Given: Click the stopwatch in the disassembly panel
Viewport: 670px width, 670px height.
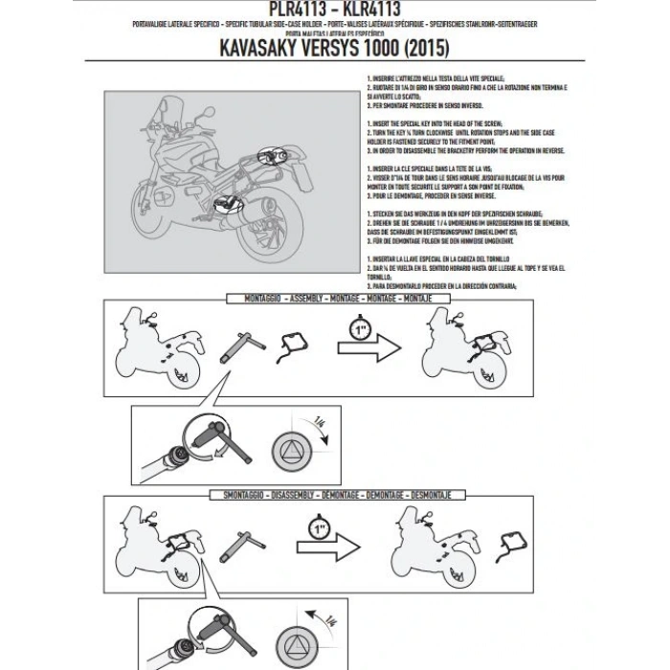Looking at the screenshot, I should click(x=320, y=526).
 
